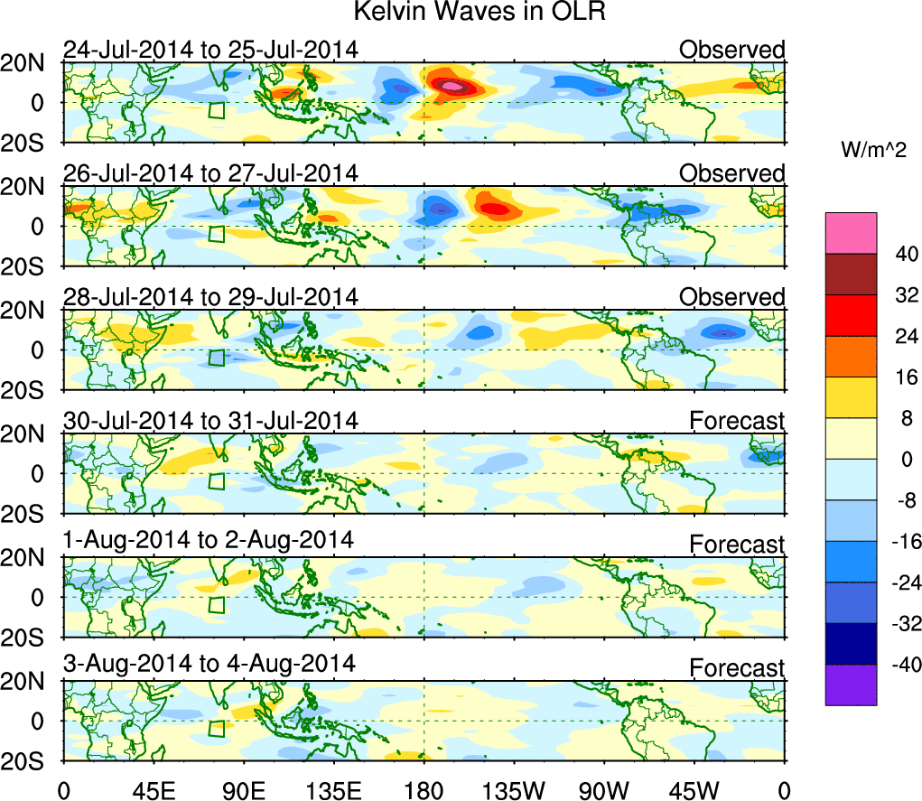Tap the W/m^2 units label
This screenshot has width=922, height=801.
coord(873,152)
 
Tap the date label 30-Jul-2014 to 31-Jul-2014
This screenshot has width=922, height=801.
coord(210,420)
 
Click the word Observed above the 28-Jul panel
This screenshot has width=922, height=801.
coord(731,297)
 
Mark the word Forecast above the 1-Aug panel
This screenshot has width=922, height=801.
coord(737,545)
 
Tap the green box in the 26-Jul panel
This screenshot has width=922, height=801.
coord(216,233)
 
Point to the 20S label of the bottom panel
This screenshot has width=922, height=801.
coord(30,760)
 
